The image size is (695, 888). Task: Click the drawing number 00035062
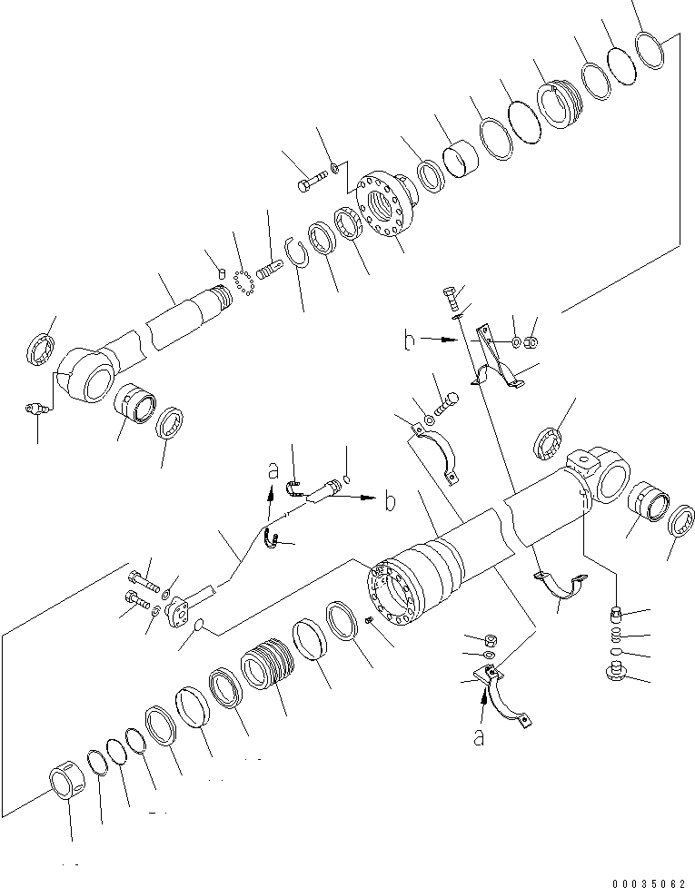click(x=650, y=882)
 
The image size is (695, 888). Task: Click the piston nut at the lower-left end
click(x=65, y=783)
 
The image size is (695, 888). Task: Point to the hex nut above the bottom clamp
click(x=487, y=638)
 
